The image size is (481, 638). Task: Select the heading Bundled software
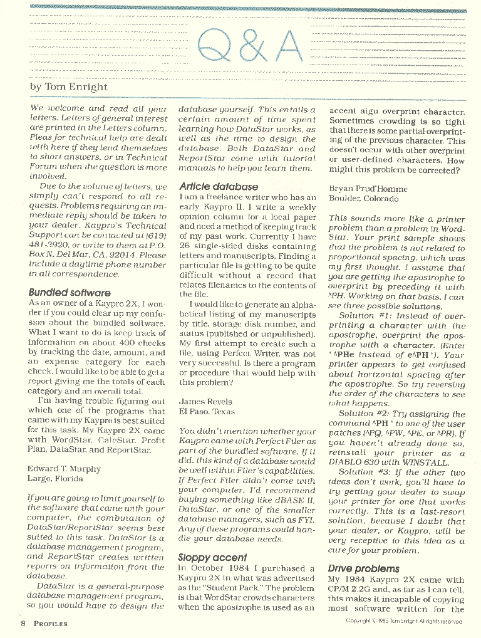click(70, 293)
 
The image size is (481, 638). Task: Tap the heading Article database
click(219, 186)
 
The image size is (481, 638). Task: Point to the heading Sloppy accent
click(212, 557)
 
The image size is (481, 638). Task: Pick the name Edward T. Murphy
click(65, 468)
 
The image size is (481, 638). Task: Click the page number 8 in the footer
click(23, 623)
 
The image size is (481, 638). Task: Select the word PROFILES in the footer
click(51, 624)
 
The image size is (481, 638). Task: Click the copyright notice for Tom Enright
click(404, 622)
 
